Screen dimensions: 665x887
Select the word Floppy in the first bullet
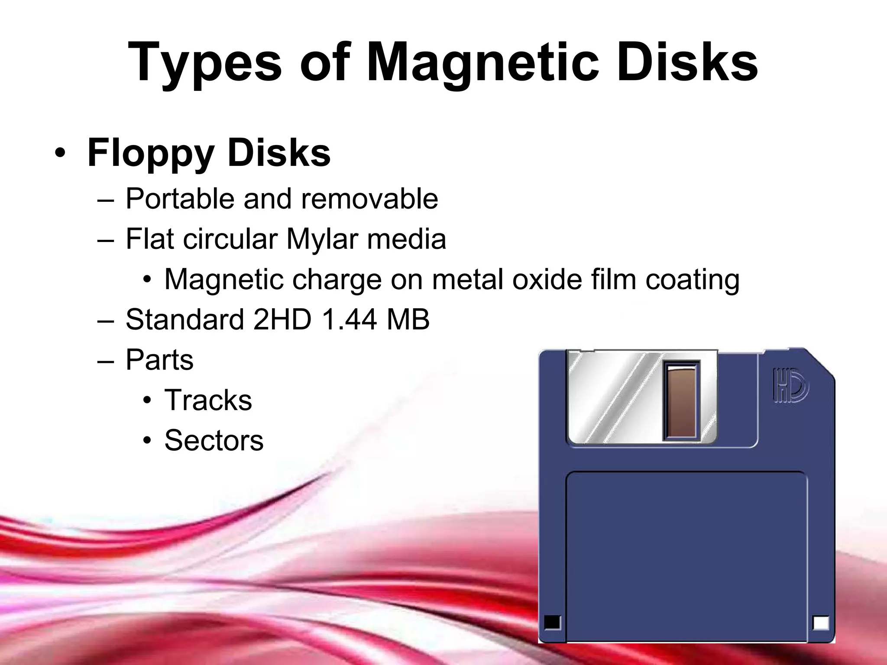(x=151, y=153)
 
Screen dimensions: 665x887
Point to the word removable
(x=369, y=199)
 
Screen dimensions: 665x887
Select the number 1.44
(x=349, y=320)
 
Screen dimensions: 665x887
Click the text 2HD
(x=282, y=320)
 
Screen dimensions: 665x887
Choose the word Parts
(x=159, y=360)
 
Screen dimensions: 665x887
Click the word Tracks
(x=208, y=400)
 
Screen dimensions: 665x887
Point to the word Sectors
(x=214, y=440)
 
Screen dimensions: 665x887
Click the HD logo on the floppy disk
(x=790, y=385)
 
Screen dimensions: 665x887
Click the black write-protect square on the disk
(x=552, y=622)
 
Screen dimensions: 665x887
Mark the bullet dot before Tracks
(x=148, y=400)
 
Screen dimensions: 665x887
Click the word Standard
(x=185, y=320)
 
